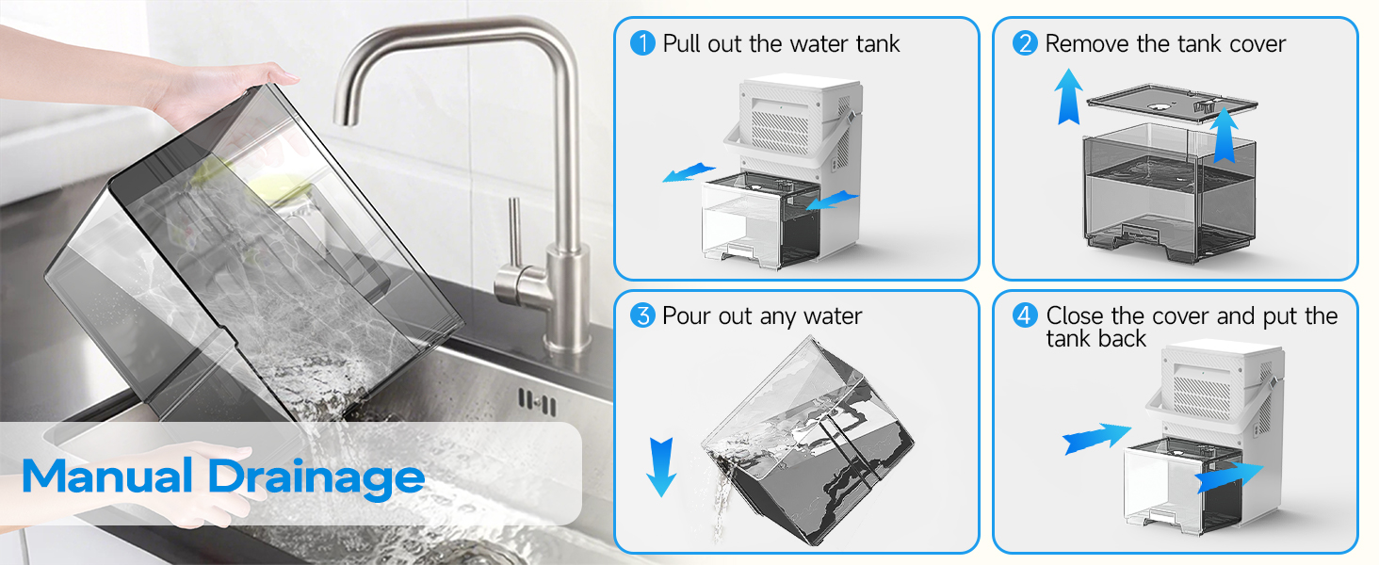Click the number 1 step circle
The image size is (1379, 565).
(x=642, y=43)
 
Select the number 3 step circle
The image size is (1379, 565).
(x=642, y=315)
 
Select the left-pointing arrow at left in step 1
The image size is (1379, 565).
(x=688, y=172)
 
